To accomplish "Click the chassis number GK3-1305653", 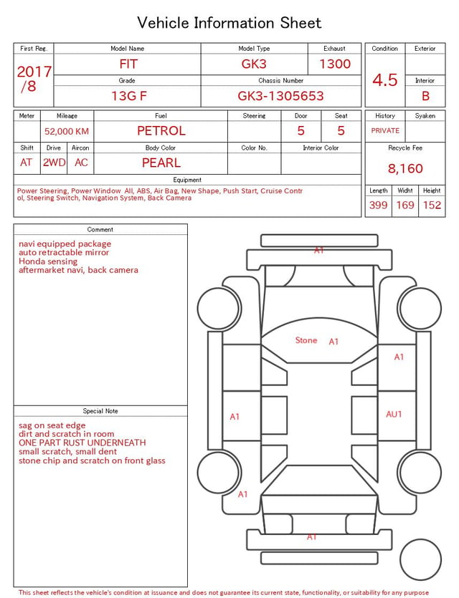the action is click(280, 96).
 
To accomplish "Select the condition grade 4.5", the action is click(385, 79).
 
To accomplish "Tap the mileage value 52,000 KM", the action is click(67, 132).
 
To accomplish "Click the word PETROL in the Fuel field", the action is click(161, 131).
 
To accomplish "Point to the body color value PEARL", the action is click(161, 163).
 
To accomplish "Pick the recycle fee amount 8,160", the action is click(405, 168).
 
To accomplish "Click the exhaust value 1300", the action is click(335, 64).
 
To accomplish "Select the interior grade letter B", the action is click(425, 96).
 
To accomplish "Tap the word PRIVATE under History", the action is click(385, 130).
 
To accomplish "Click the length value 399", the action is click(379, 205).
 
